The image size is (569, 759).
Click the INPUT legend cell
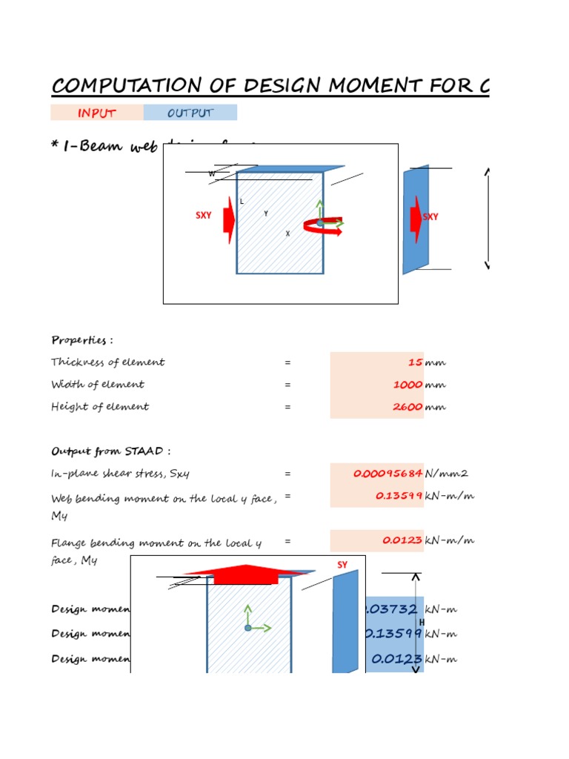pyautogui.click(x=96, y=113)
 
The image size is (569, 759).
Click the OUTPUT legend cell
pyautogui.click(x=190, y=113)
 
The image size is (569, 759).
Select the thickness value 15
pyautogui.click(x=414, y=362)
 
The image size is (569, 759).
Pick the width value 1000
pyautogui.click(x=407, y=385)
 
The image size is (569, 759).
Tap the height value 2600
pyautogui.click(x=407, y=407)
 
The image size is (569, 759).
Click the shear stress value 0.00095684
pyautogui.click(x=387, y=474)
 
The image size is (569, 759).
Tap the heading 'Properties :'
pyautogui.click(x=82, y=340)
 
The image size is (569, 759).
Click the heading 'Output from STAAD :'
pyautogui.click(x=111, y=451)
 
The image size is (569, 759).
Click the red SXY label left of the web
pyautogui.click(x=204, y=216)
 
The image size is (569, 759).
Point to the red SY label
pyautogui.click(x=342, y=566)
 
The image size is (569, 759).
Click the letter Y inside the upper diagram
pyautogui.click(x=266, y=213)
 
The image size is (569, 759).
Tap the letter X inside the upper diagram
pyautogui.click(x=287, y=233)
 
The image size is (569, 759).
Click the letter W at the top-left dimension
pyautogui.click(x=211, y=174)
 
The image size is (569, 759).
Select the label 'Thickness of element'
pyautogui.click(x=108, y=362)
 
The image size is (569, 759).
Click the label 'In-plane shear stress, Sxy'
pyautogui.click(x=125, y=474)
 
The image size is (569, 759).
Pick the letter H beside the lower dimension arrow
pyautogui.click(x=422, y=622)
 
